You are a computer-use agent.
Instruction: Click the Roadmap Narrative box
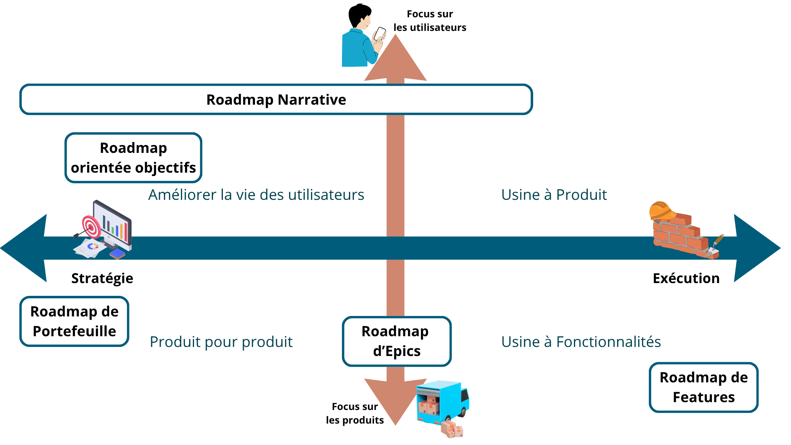pyautogui.click(x=276, y=99)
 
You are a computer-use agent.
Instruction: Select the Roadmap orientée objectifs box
pyautogui.click(x=133, y=158)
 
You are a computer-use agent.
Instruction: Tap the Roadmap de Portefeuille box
pyautogui.click(x=74, y=321)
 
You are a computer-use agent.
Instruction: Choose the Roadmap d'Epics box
pyautogui.click(x=396, y=341)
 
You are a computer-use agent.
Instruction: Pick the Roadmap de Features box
pyautogui.click(x=703, y=387)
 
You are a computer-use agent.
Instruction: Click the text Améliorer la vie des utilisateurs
pyautogui.click(x=256, y=195)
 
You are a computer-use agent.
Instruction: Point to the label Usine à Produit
pyautogui.click(x=554, y=195)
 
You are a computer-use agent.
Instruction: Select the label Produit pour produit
pyautogui.click(x=221, y=342)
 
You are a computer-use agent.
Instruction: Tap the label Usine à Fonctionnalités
pyautogui.click(x=581, y=342)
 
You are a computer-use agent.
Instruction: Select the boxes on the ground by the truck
pyautogui.click(x=452, y=429)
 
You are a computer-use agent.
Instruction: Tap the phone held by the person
pyautogui.click(x=379, y=33)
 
